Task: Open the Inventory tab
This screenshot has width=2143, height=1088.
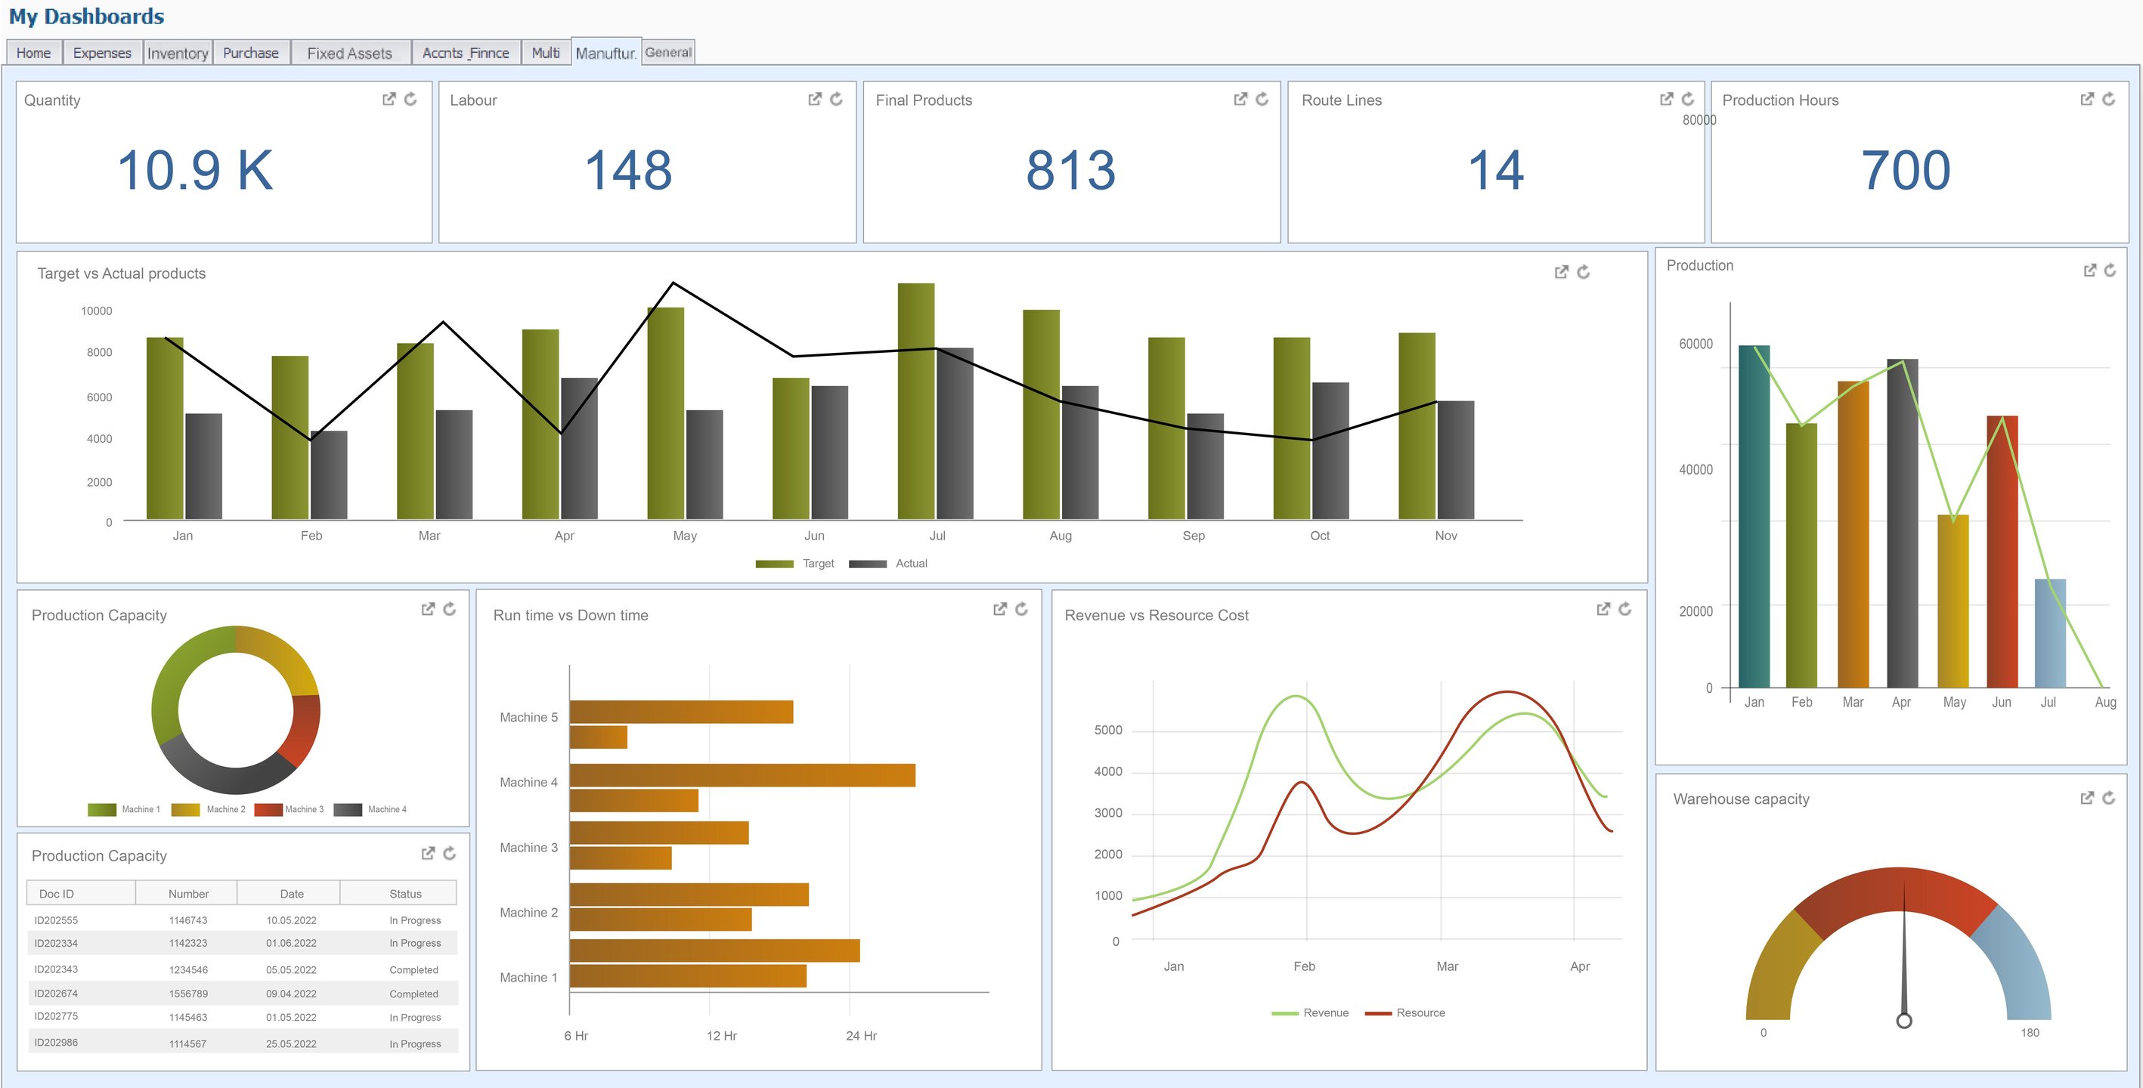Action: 177,53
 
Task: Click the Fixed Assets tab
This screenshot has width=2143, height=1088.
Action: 348,53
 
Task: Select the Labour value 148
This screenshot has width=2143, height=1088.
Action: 628,170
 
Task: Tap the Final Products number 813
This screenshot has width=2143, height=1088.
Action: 1070,170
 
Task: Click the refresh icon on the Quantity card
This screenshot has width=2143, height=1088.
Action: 411,99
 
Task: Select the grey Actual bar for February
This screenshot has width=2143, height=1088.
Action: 330,475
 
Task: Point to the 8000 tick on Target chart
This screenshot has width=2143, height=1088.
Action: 99,353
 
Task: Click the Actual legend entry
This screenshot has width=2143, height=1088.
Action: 911,563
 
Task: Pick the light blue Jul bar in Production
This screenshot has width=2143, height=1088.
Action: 2050,633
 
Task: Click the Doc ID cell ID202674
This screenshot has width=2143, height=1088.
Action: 56,993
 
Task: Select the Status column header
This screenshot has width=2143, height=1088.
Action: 405,894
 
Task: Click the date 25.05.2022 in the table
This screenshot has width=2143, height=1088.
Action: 291,1044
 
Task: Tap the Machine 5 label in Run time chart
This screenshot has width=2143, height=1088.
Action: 528,717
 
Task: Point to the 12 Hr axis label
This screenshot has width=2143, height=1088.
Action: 721,1036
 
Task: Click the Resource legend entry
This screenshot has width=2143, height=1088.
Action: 1420,1013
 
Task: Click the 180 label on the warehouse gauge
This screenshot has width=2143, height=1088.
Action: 2030,1032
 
